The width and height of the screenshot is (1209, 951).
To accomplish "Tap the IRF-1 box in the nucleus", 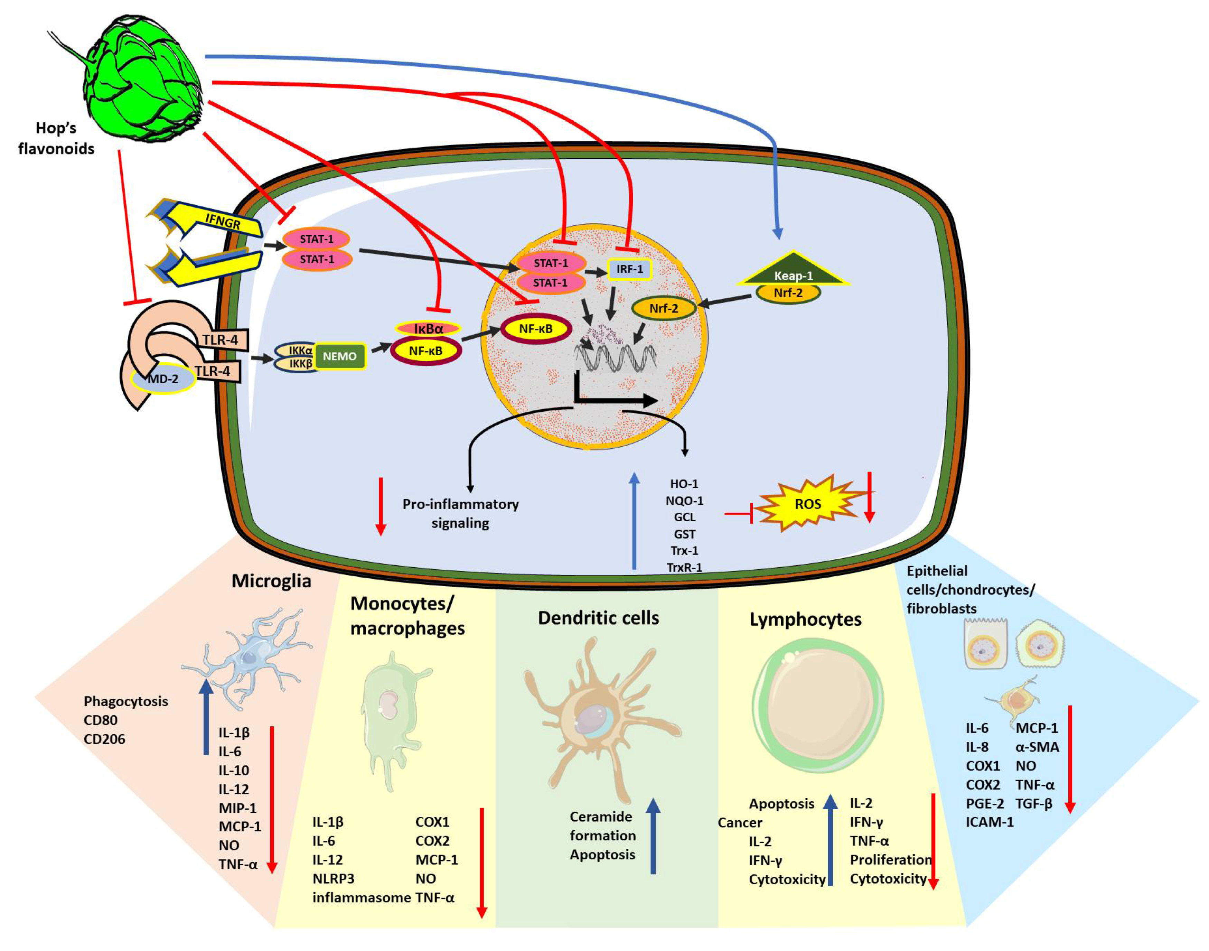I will coord(629,269).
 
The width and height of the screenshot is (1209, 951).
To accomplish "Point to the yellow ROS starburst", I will coord(807,504).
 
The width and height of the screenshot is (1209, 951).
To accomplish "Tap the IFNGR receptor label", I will coord(223,222).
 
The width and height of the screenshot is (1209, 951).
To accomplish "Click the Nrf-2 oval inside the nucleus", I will coord(664,308).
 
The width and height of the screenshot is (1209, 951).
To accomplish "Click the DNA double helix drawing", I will coord(615,356).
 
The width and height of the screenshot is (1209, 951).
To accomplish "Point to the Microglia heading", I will coord(271,581).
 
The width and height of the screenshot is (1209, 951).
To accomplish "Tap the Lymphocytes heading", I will coord(805,619).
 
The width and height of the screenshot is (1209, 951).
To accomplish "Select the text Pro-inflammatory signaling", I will coord(460,513).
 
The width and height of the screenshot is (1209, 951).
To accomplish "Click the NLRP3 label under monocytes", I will coord(333,879).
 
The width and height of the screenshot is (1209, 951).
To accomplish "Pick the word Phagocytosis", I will coord(126,701).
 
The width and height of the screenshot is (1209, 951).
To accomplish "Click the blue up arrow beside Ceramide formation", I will coord(653,835).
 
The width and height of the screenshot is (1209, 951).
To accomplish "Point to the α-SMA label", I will coord(1037,747).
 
